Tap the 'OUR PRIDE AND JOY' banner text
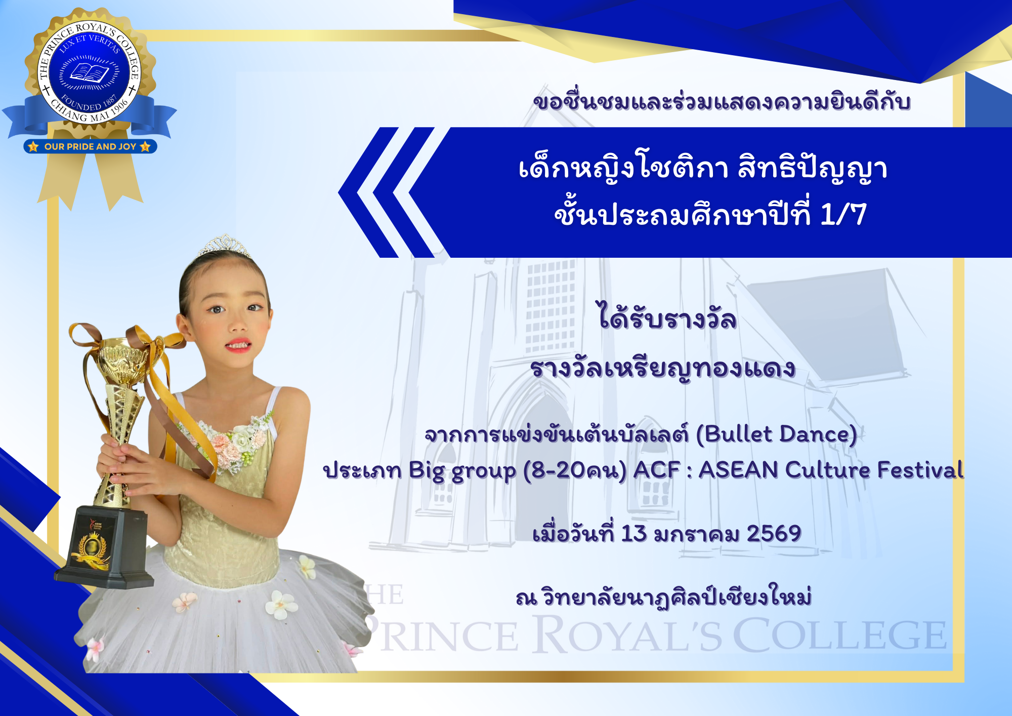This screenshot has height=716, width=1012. pyautogui.click(x=90, y=147)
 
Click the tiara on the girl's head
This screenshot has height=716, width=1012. pyautogui.click(x=224, y=246)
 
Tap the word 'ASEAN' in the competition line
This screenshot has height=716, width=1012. pyautogui.click(x=738, y=470)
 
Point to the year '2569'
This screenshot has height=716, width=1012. pyautogui.click(x=774, y=534)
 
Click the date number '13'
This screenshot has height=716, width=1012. pyautogui.click(x=634, y=534)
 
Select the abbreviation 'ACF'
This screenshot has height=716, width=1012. pyautogui.click(x=657, y=470)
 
